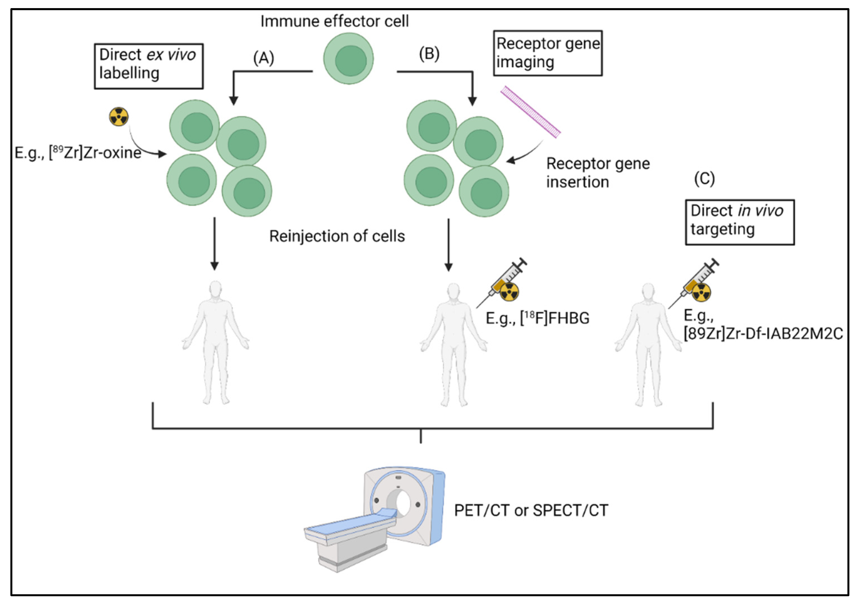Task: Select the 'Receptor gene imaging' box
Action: click(548, 53)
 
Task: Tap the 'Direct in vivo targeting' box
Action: click(740, 222)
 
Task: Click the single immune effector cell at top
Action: click(349, 59)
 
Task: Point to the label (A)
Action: click(264, 58)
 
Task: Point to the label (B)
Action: click(429, 54)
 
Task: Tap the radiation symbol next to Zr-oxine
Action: click(119, 117)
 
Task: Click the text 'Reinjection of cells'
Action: click(337, 236)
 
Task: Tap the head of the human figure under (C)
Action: click(648, 292)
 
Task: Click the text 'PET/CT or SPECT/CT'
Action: click(531, 510)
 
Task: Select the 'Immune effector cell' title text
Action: click(335, 21)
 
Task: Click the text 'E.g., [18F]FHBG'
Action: click(537, 318)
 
